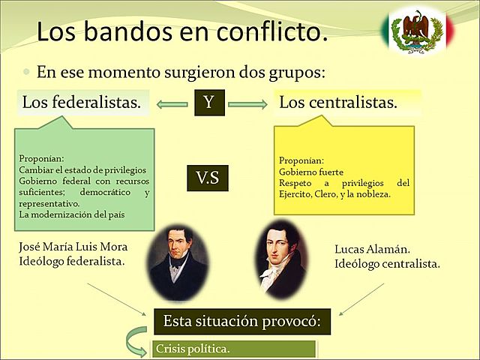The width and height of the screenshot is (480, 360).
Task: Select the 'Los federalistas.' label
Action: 82,102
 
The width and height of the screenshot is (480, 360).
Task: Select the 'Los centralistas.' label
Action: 338,102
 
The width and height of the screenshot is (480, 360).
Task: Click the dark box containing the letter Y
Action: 209,103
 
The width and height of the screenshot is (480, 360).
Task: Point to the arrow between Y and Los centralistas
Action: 247,103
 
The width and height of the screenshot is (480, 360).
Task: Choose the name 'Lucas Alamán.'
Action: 369,249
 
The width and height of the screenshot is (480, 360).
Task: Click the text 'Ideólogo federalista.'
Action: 71,261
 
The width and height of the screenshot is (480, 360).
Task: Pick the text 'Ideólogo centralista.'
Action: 387,263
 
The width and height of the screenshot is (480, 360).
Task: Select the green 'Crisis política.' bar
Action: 234,349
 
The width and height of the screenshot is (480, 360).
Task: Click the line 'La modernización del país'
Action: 73,215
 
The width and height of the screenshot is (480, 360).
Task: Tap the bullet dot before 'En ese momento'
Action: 27,74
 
